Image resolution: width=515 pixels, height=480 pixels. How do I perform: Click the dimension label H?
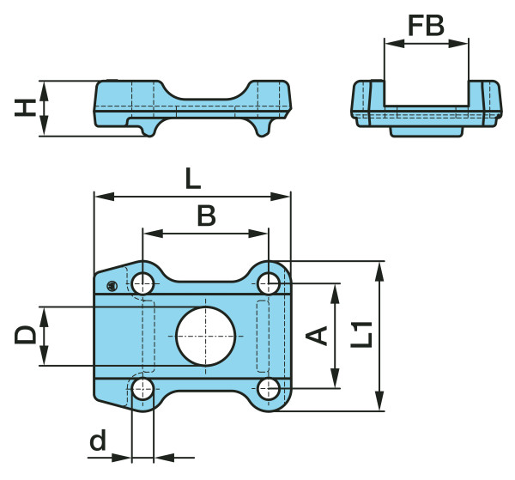27,107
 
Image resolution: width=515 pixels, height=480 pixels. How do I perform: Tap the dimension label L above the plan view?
192,179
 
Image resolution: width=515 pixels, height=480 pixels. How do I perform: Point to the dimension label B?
206,216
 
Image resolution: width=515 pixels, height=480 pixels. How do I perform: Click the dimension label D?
25,335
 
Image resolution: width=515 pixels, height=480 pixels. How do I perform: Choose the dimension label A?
318,335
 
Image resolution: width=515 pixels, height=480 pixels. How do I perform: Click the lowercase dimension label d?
99,442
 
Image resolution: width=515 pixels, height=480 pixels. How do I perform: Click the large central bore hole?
206,335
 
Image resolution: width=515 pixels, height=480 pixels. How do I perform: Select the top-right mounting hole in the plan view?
269,282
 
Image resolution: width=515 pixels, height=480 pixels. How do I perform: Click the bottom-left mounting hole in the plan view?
143,389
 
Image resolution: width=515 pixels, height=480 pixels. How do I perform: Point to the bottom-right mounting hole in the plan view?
269,389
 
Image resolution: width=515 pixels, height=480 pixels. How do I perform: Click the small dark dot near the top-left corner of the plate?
110,285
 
